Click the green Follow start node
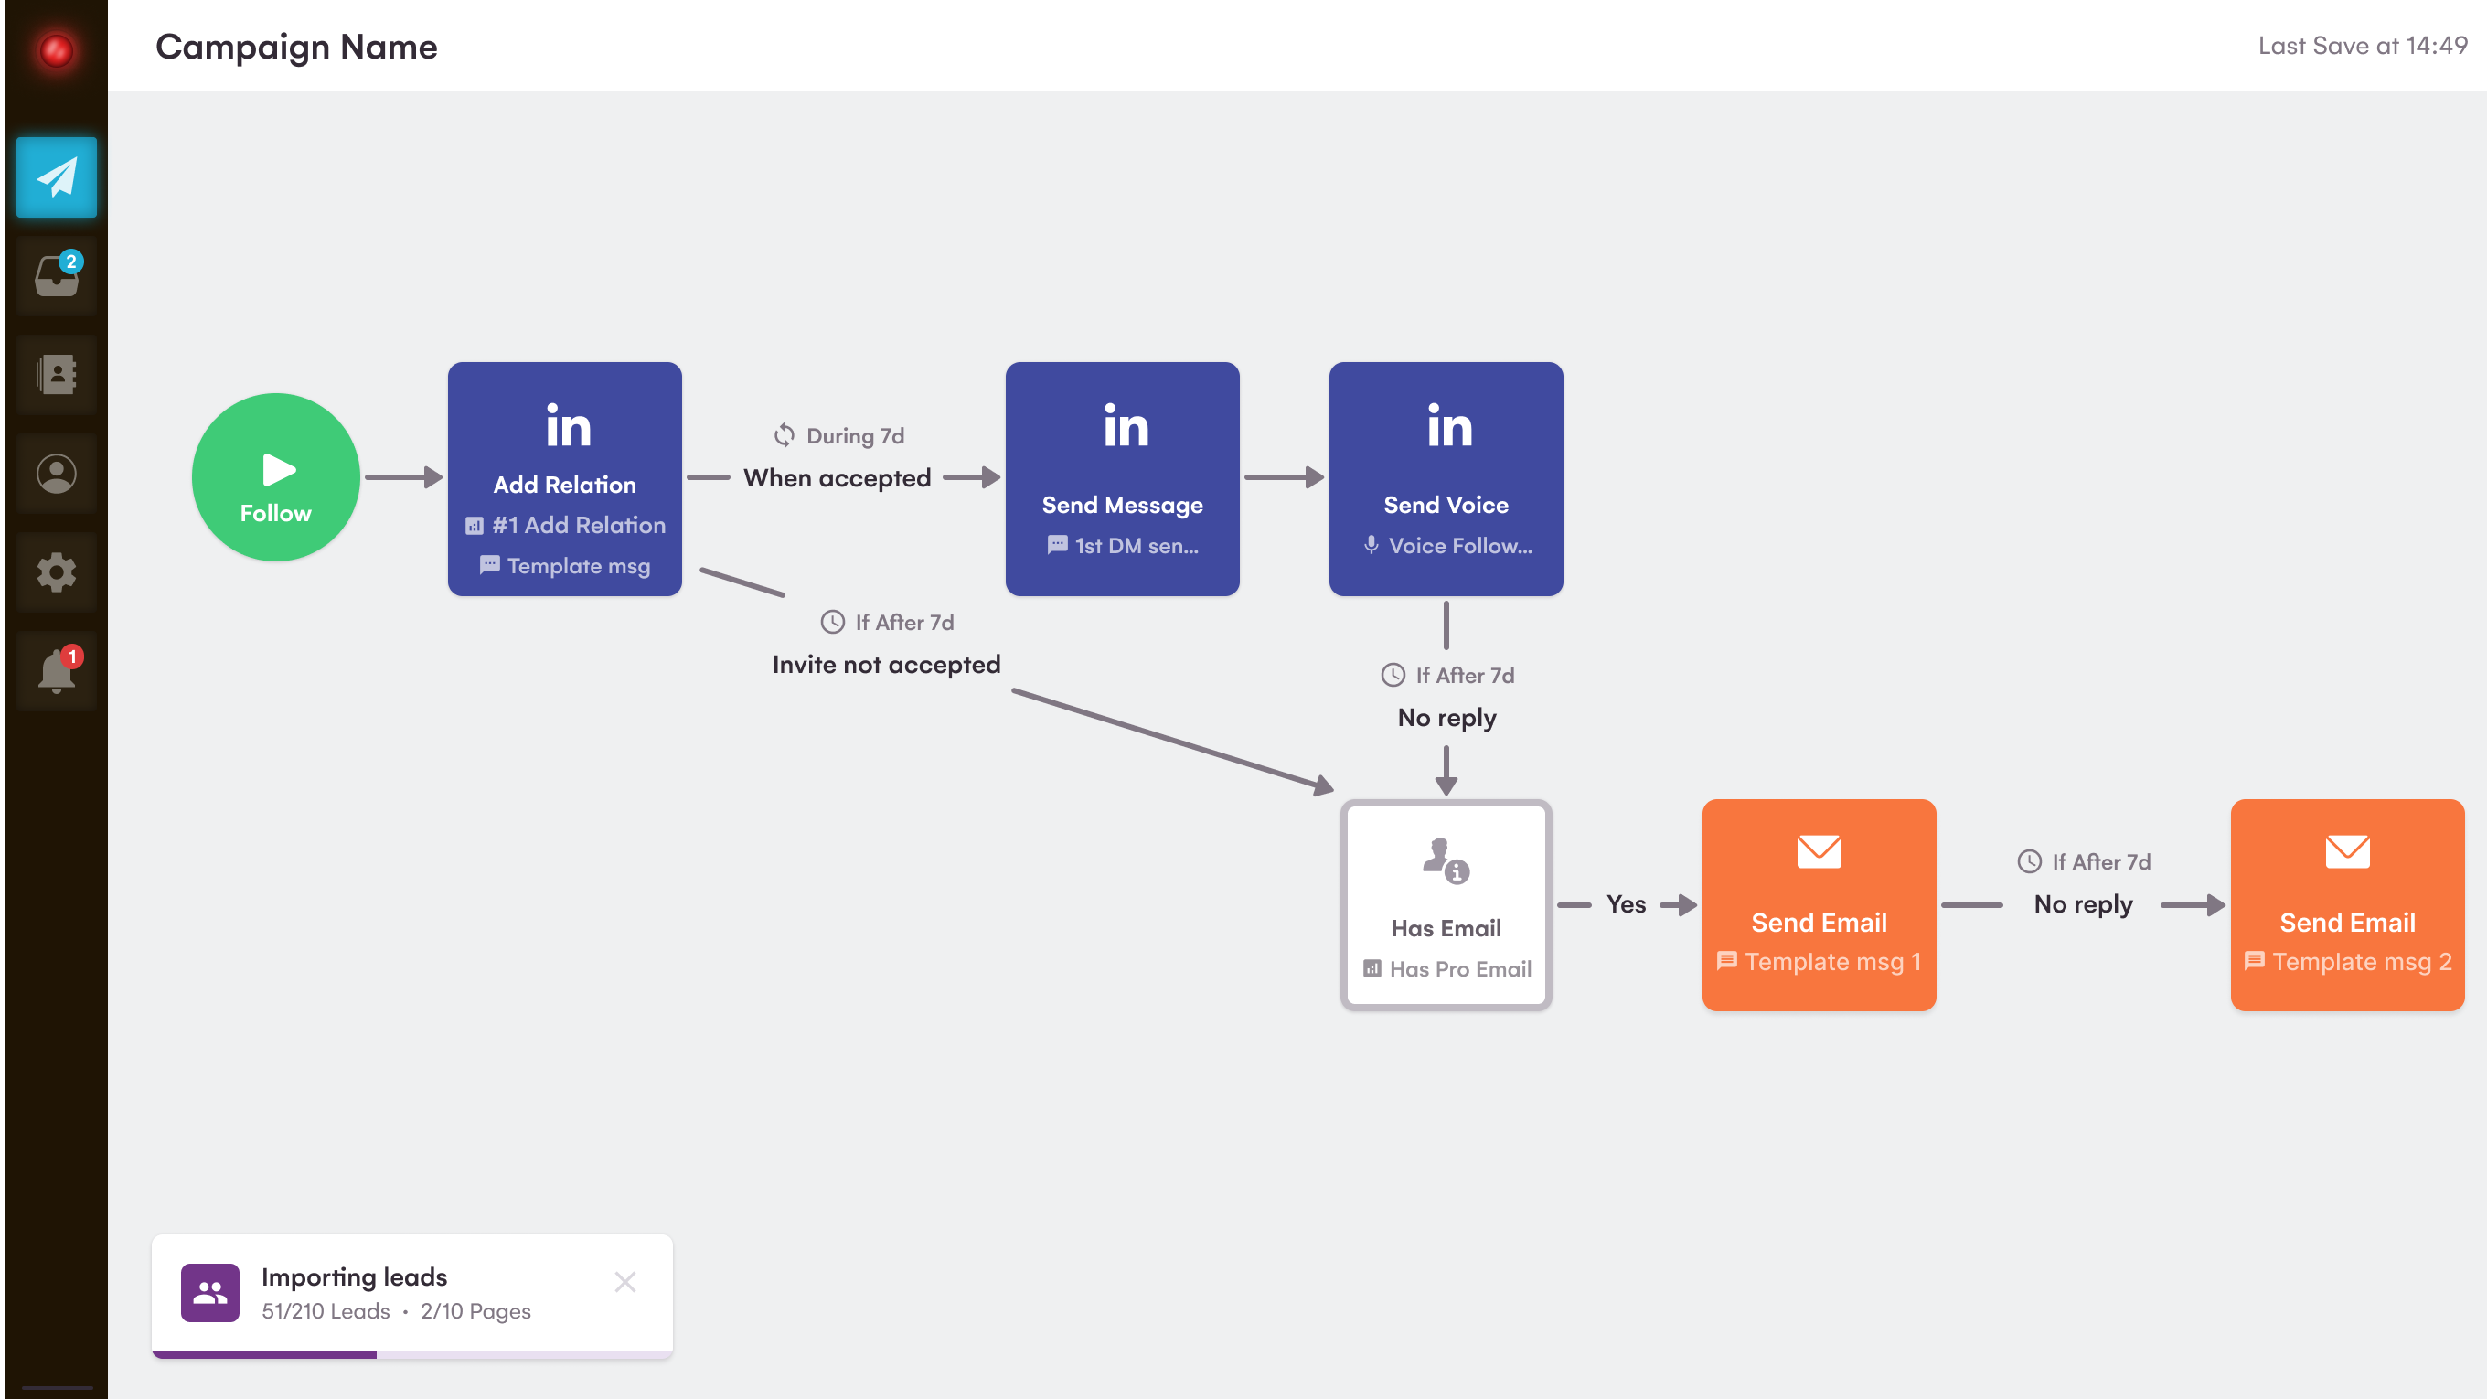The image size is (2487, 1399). (x=275, y=477)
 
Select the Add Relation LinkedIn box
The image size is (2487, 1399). (x=565, y=479)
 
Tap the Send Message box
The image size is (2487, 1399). (x=1122, y=479)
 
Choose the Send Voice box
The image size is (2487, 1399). (x=1446, y=479)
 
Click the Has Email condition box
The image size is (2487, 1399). (x=1446, y=904)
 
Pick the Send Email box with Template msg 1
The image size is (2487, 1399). (x=1818, y=904)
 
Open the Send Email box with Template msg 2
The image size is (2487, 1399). (x=2346, y=904)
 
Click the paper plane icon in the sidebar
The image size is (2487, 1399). (x=57, y=177)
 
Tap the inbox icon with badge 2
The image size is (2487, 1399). (x=57, y=277)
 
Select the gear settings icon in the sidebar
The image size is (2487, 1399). (x=57, y=572)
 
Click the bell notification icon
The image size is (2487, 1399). (x=57, y=671)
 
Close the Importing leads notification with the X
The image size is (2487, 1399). (x=624, y=1281)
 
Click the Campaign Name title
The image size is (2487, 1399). (x=296, y=47)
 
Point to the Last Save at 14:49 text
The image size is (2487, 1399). (x=2362, y=46)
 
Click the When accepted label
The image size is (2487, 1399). (x=837, y=478)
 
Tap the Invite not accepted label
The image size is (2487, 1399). (x=885, y=664)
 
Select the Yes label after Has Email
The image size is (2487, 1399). (x=1626, y=904)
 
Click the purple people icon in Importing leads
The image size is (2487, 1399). (x=209, y=1292)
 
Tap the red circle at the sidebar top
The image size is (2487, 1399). (x=56, y=50)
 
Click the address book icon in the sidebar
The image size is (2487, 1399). (x=57, y=375)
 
